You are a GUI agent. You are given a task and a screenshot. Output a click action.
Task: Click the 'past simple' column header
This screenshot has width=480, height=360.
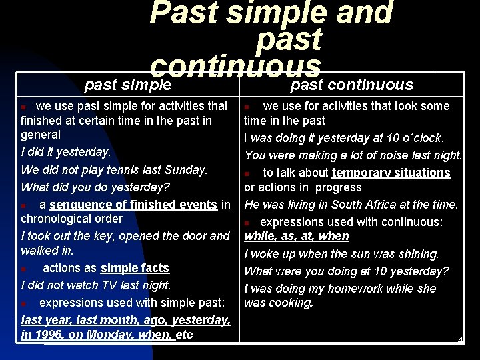(128, 85)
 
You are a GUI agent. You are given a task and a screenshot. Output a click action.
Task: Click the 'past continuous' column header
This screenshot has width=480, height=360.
(352, 85)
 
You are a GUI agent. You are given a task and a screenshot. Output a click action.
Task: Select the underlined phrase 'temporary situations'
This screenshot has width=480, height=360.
(391, 173)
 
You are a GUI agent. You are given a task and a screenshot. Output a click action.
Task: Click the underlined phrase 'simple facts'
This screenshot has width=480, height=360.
(135, 268)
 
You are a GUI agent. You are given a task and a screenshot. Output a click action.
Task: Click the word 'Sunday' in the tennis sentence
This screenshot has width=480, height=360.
(188, 169)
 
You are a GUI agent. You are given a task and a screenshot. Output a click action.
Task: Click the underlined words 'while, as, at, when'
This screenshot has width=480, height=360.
(297, 236)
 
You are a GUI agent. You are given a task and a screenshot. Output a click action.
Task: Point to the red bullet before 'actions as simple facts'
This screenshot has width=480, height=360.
(24, 269)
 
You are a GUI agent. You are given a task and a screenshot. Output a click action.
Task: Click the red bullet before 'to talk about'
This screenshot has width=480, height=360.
(247, 173)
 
